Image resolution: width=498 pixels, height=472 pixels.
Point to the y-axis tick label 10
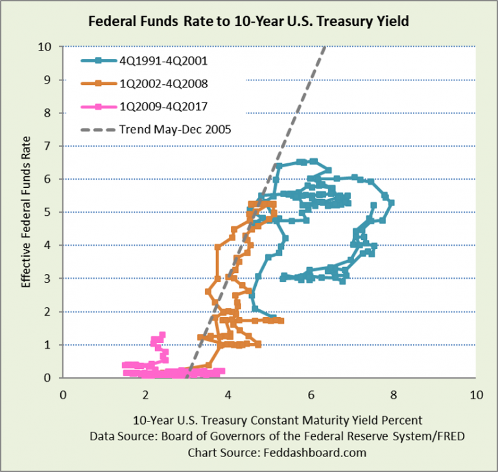pos(44,47)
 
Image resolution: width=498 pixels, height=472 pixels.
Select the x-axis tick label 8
pos(394,394)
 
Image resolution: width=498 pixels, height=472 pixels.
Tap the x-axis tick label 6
pos(311,394)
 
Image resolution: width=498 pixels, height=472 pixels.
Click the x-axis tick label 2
pos(146,394)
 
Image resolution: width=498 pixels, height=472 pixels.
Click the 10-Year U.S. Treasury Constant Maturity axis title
pos(269,419)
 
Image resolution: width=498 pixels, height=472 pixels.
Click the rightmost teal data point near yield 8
pos(392,202)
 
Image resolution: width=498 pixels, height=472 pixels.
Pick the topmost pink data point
pos(161,335)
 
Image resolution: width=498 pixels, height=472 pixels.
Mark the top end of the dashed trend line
pos(324,47)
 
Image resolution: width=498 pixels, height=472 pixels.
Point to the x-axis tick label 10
pos(476,394)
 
